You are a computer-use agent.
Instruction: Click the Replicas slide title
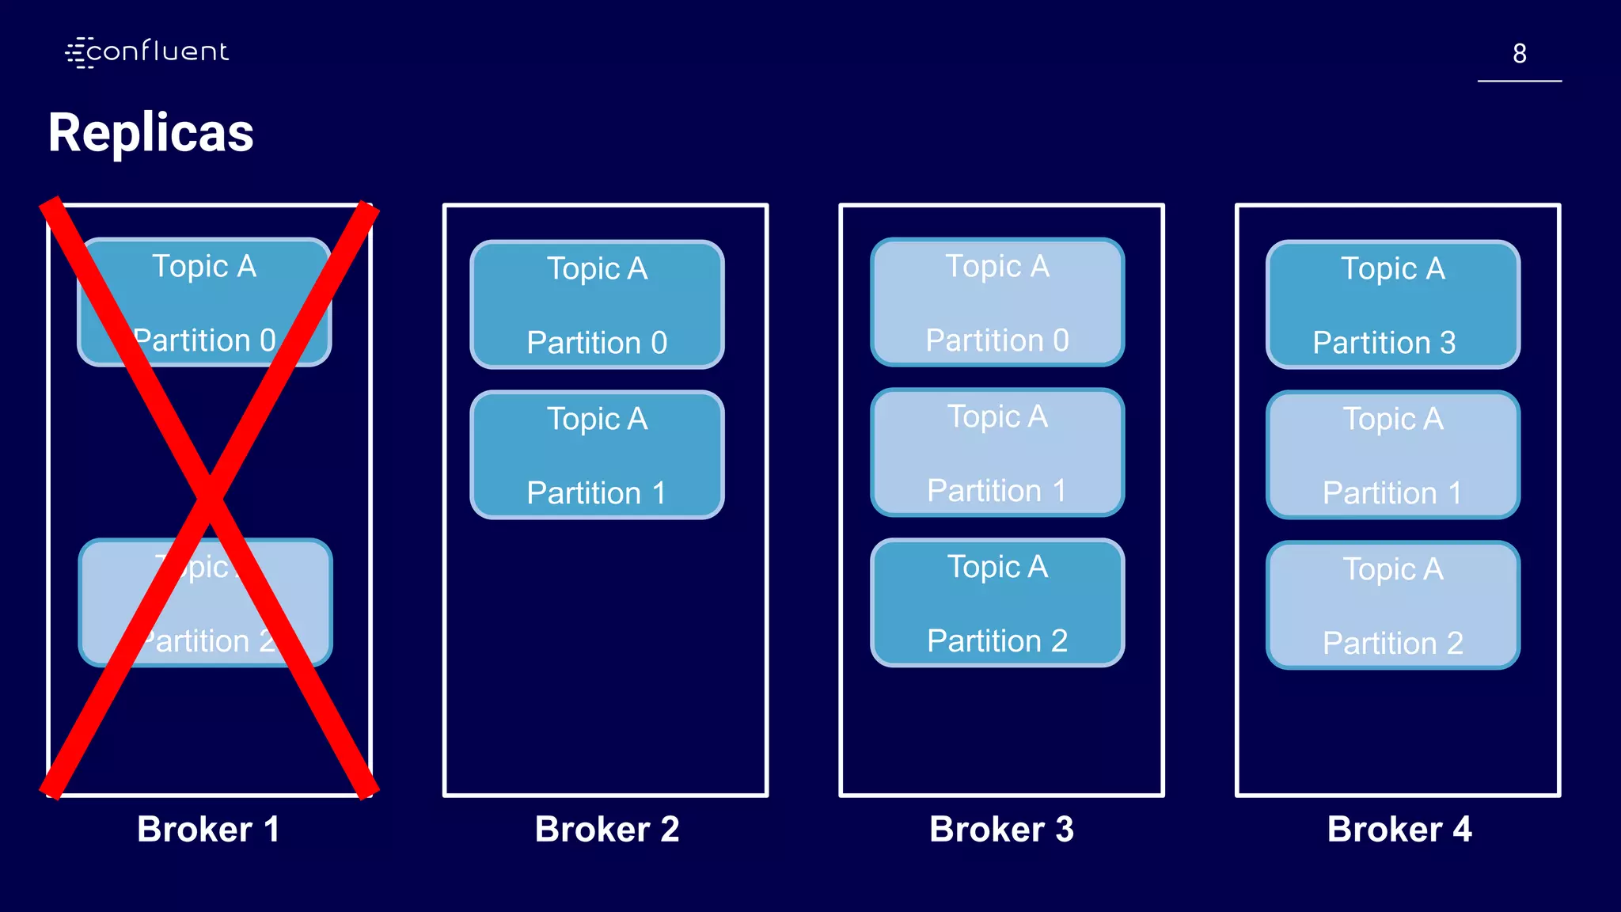pyautogui.click(x=150, y=133)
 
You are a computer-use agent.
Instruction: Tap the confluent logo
pyautogui.click(x=147, y=52)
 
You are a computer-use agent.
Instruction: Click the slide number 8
pyautogui.click(x=1519, y=54)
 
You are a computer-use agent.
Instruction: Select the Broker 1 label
pyautogui.click(x=208, y=830)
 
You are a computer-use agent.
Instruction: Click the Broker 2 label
pyautogui.click(x=606, y=830)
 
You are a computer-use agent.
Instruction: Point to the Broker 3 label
pyautogui.click(x=1001, y=830)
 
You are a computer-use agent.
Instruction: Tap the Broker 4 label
pyautogui.click(x=1399, y=830)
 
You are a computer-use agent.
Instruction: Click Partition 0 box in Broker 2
pyautogui.click(x=597, y=305)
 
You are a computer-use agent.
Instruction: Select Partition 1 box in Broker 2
pyautogui.click(x=597, y=455)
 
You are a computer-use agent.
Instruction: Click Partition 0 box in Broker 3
pyautogui.click(x=997, y=302)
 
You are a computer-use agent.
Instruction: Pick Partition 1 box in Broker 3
pyautogui.click(x=997, y=453)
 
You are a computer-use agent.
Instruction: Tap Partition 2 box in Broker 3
pyautogui.click(x=997, y=603)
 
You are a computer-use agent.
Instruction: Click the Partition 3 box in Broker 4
pyautogui.click(x=1392, y=305)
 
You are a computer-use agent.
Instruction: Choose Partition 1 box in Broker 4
pyautogui.click(x=1392, y=455)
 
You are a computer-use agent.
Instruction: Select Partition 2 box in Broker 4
pyautogui.click(x=1392, y=606)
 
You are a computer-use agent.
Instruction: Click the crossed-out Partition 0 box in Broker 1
pyautogui.click(x=204, y=302)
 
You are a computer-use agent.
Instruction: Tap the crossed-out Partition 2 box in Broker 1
pyautogui.click(x=204, y=603)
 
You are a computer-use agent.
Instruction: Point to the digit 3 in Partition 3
pyautogui.click(x=1448, y=343)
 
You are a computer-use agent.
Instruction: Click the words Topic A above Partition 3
pyautogui.click(x=1392, y=269)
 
